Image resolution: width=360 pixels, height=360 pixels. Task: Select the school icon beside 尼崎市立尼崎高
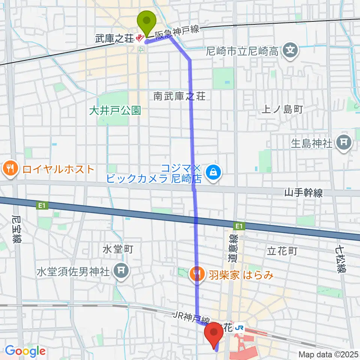[x=291, y=49]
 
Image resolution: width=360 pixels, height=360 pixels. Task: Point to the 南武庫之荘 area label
[x=180, y=96]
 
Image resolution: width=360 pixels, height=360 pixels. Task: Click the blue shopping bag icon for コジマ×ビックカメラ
[x=213, y=172]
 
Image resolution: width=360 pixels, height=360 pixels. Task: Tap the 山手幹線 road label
[x=303, y=193]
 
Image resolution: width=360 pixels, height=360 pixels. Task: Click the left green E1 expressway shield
[x=40, y=205]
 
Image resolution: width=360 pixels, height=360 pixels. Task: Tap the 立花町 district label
[x=282, y=251]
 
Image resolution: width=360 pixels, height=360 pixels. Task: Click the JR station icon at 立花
[x=240, y=328]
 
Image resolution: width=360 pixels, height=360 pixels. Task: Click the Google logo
[x=25, y=351]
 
